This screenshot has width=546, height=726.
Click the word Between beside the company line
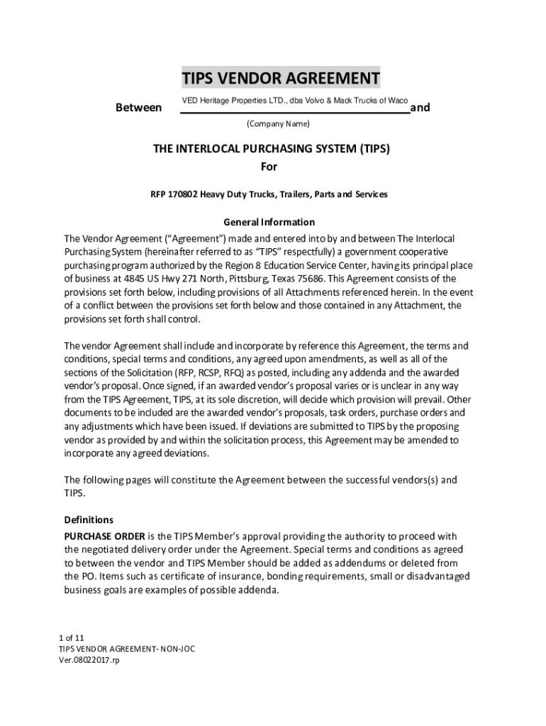[138, 108]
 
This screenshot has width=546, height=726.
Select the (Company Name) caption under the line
[277, 124]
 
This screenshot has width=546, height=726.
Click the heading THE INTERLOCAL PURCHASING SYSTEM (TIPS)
[272, 150]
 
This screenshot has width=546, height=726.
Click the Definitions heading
[89, 520]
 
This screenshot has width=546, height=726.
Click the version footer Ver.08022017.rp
[89, 660]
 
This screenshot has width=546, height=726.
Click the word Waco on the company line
[396, 101]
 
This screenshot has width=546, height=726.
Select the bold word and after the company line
[420, 108]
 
